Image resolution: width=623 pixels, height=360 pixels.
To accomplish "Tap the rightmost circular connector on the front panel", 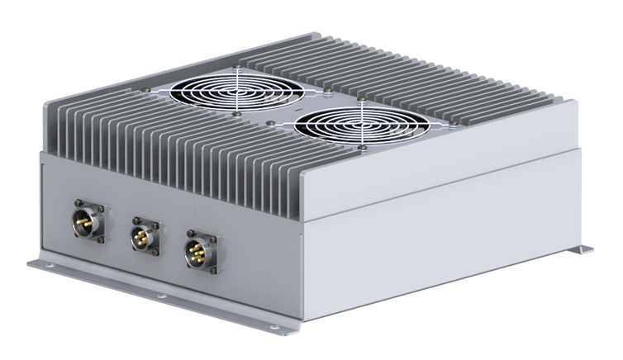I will (x=199, y=249).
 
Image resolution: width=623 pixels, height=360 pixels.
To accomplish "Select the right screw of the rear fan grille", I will (x=328, y=84).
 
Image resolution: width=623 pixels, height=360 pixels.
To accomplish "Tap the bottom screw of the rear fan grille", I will (x=238, y=116).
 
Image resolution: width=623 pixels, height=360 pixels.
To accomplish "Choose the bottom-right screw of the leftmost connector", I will (x=101, y=239).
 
